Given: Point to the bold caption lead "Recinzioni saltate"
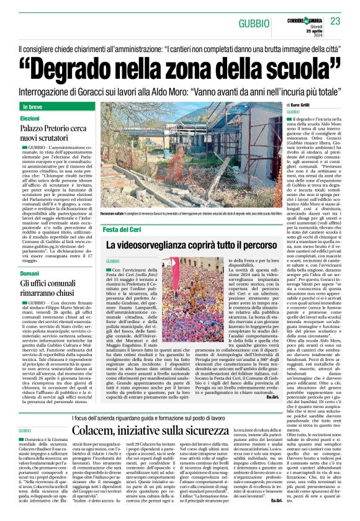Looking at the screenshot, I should (115, 214).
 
